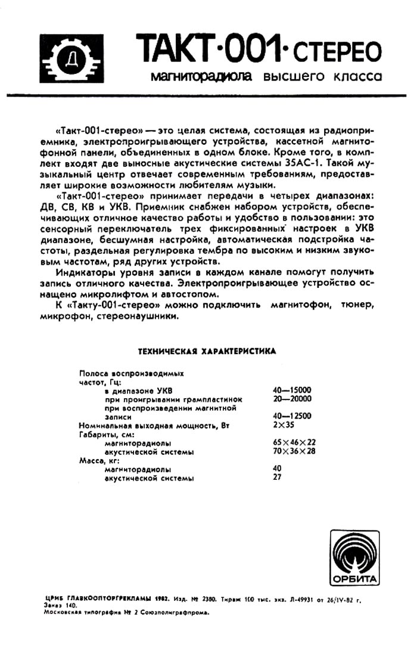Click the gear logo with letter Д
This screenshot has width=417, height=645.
72,58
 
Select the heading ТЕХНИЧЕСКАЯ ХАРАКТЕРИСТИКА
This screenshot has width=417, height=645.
207,351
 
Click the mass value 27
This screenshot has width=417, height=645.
276,477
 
